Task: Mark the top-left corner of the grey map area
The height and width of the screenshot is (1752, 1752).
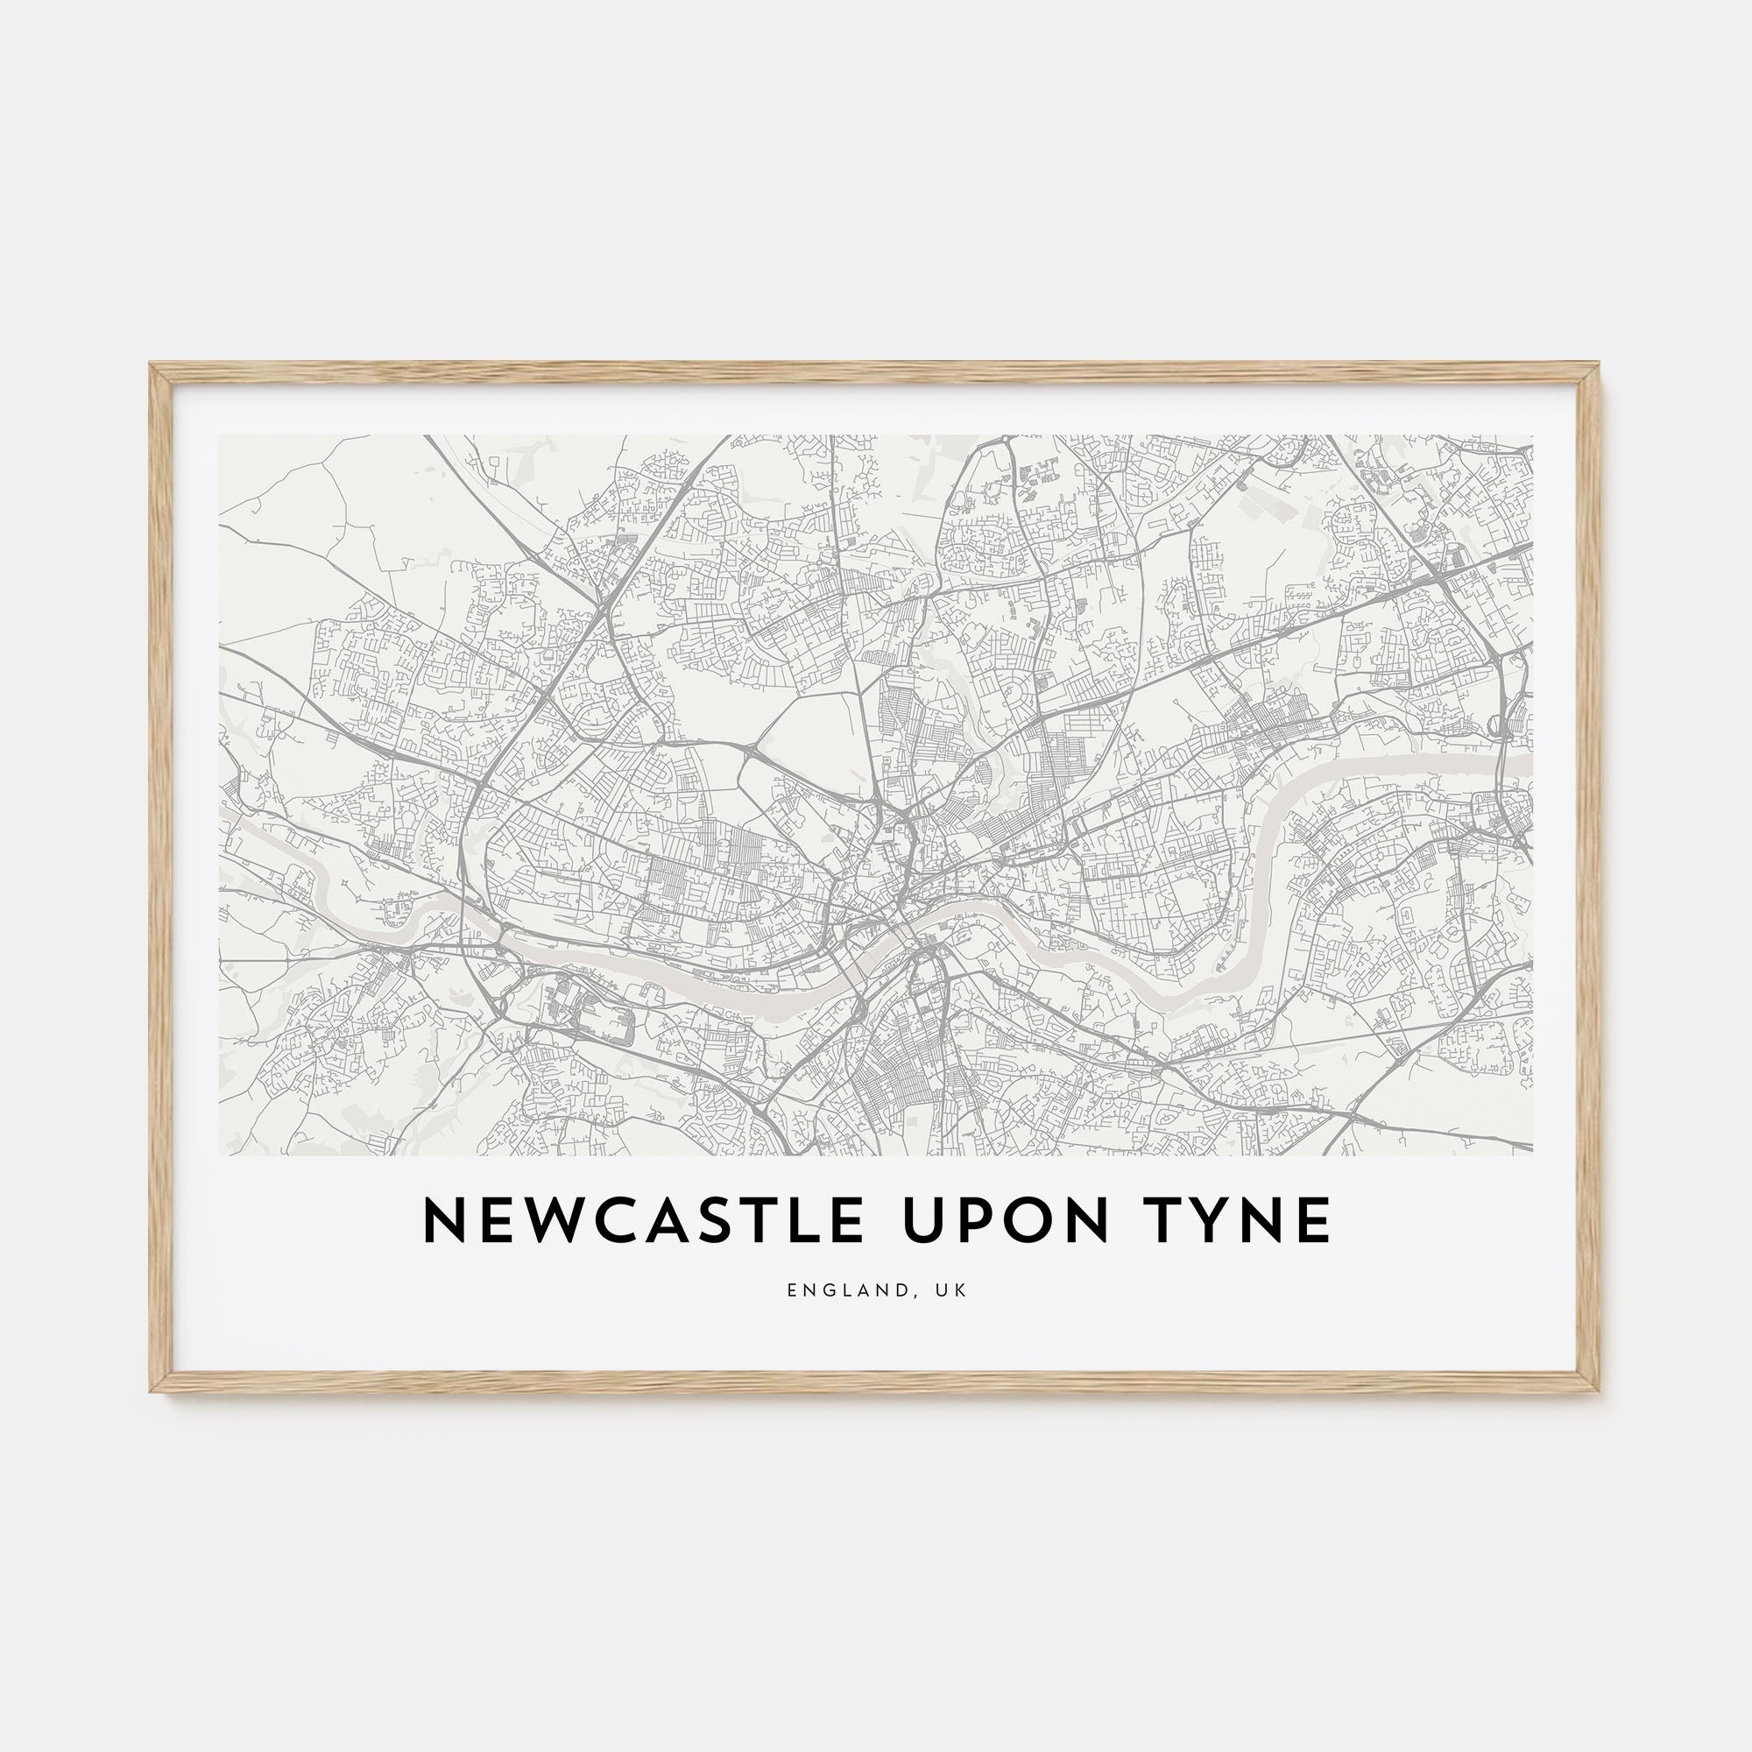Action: [x=221, y=436]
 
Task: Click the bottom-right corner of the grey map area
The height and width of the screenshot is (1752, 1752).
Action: [x=1532, y=1155]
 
